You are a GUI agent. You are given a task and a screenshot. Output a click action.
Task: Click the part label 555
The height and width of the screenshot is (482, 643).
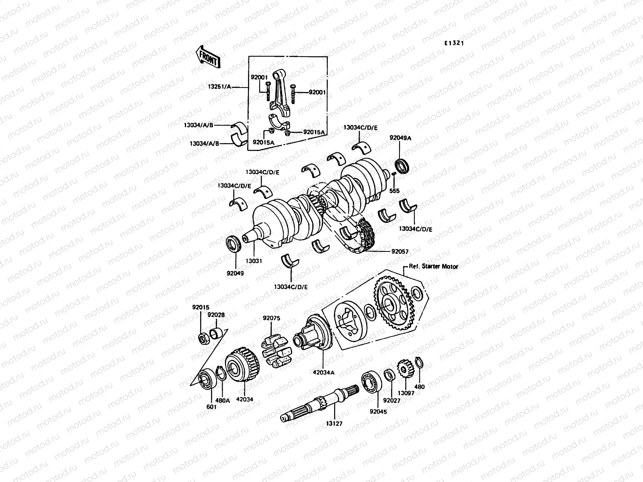point(394,191)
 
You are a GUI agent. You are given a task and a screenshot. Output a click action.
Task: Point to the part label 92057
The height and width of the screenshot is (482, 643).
point(399,252)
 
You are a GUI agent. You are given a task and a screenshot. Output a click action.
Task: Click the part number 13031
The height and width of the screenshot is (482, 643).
point(254,261)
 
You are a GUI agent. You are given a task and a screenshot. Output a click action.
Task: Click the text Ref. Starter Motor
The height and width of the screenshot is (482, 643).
point(433,266)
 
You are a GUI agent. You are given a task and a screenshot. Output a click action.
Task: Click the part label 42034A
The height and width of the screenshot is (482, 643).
point(324,372)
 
